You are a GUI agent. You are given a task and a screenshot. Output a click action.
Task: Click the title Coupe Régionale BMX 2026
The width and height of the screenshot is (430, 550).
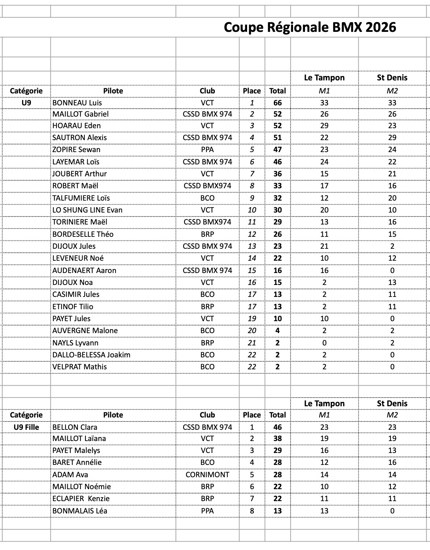coord(310,28)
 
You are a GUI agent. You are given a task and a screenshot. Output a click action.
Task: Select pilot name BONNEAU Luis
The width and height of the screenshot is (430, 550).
coord(77,103)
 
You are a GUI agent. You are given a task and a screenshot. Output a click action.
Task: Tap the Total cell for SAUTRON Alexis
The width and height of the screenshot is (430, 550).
coord(277,138)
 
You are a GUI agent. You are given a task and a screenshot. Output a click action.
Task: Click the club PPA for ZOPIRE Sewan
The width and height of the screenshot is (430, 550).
coord(207,150)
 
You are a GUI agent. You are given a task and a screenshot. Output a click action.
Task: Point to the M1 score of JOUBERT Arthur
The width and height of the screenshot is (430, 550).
coord(324,174)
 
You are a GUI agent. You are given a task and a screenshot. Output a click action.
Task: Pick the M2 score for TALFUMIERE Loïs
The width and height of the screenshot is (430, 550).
coord(392,198)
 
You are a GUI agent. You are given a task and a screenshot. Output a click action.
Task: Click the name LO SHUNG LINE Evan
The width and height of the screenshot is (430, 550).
coord(87,210)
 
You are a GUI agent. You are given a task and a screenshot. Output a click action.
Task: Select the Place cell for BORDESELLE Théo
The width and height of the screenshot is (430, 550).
coord(252,234)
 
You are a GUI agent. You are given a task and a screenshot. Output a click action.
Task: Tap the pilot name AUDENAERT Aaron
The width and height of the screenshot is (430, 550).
coord(84,270)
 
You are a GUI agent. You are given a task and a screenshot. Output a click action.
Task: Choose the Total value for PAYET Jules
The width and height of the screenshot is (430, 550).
coord(277,319)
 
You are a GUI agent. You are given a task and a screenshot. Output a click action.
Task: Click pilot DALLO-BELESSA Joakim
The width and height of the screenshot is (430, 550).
coord(91,355)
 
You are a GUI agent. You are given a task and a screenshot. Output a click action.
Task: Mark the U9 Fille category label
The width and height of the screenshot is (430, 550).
coord(26,427)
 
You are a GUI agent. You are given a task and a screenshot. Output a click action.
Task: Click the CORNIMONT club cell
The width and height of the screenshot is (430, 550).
coord(207,475)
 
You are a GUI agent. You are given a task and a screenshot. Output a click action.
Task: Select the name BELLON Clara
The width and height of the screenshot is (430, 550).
coord(75,427)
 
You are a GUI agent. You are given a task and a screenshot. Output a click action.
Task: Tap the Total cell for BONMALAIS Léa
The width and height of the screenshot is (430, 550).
coord(277,511)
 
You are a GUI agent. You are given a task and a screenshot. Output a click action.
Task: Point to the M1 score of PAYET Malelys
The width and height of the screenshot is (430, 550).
coord(324,450)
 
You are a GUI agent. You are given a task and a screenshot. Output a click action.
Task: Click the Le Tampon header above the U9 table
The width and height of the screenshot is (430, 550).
coord(324,78)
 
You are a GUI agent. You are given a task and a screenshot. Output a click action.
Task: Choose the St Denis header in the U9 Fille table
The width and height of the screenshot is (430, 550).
coord(392,404)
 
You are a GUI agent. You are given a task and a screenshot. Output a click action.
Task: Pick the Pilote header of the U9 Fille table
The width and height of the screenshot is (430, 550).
coord(113,415)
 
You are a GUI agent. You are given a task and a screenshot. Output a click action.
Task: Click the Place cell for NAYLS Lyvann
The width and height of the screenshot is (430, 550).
coord(252,343)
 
